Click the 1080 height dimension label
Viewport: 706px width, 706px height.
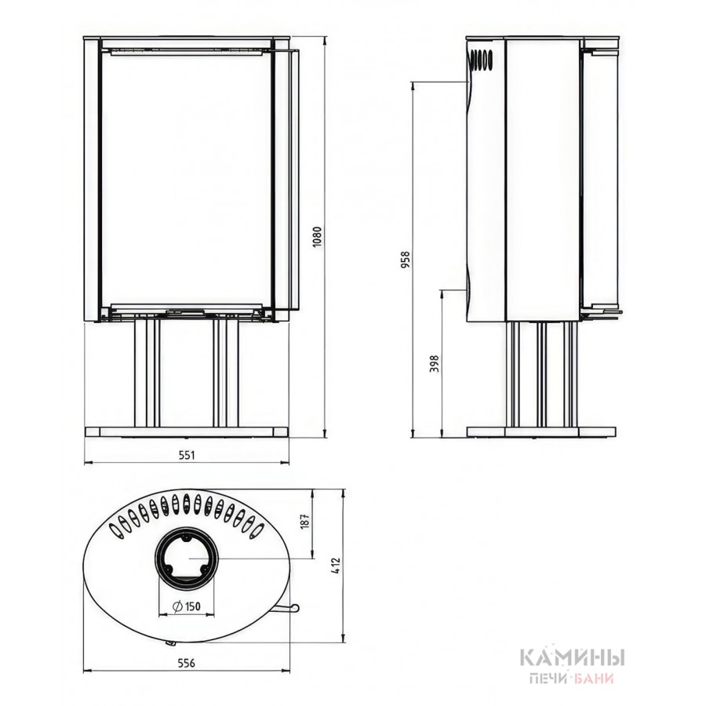pos(317,235)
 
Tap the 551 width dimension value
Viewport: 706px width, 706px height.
pos(187,455)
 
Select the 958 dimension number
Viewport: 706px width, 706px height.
pos(406,260)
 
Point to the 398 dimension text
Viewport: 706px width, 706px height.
pos(434,363)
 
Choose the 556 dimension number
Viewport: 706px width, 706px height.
pos(187,663)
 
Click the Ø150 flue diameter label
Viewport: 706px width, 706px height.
pos(187,607)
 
